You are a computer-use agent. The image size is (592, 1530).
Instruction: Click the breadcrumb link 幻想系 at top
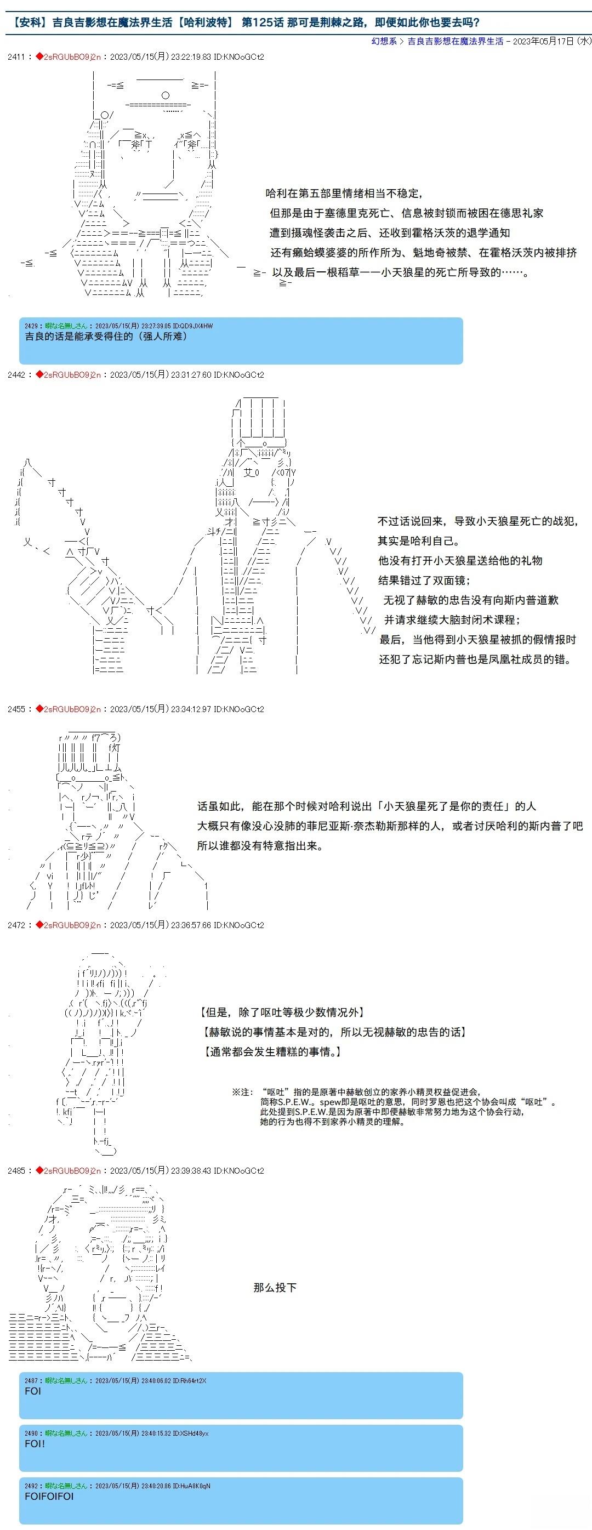pyautogui.click(x=384, y=41)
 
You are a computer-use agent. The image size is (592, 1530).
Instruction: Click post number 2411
pyautogui.click(x=16, y=57)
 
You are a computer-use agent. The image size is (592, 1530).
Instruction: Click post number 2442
pyautogui.click(x=16, y=375)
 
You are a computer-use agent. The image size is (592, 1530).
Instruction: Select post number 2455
pyautogui.click(x=16, y=709)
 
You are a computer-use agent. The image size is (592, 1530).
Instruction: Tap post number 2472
pyautogui.click(x=16, y=925)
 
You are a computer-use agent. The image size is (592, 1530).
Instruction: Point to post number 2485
pyautogui.click(x=16, y=1171)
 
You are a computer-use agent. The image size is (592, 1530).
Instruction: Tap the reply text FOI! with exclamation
pyautogui.click(x=35, y=1443)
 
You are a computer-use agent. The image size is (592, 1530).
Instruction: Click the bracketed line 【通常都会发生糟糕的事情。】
pyautogui.click(x=272, y=1052)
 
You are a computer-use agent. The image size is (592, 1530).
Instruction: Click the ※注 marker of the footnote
pyautogui.click(x=242, y=1091)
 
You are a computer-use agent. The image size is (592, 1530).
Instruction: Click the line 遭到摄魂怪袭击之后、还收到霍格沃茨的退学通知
pyautogui.click(x=390, y=233)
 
